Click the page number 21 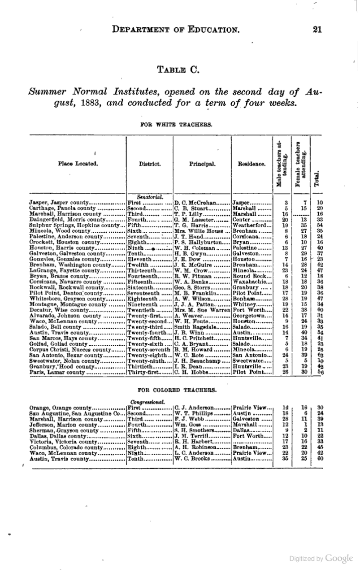318,30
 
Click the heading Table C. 180,69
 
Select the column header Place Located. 78,164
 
